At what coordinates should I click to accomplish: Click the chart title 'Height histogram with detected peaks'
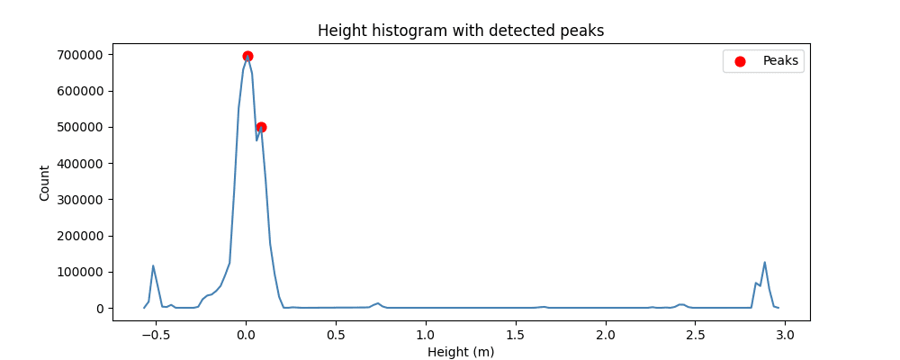[x=461, y=31]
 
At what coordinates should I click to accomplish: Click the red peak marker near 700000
[x=247, y=56]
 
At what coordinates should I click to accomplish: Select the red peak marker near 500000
[x=261, y=127]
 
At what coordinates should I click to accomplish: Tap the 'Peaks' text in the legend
[x=780, y=61]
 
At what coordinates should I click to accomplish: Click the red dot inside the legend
[x=741, y=61]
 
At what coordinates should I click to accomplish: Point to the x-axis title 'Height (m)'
[x=461, y=352]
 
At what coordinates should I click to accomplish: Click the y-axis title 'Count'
[x=45, y=182]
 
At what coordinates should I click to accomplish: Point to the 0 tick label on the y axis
[x=98, y=309]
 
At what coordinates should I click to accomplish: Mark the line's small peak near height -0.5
[x=153, y=265]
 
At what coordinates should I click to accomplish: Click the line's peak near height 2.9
[x=764, y=263]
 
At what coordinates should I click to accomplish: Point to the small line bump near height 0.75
[x=378, y=303]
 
